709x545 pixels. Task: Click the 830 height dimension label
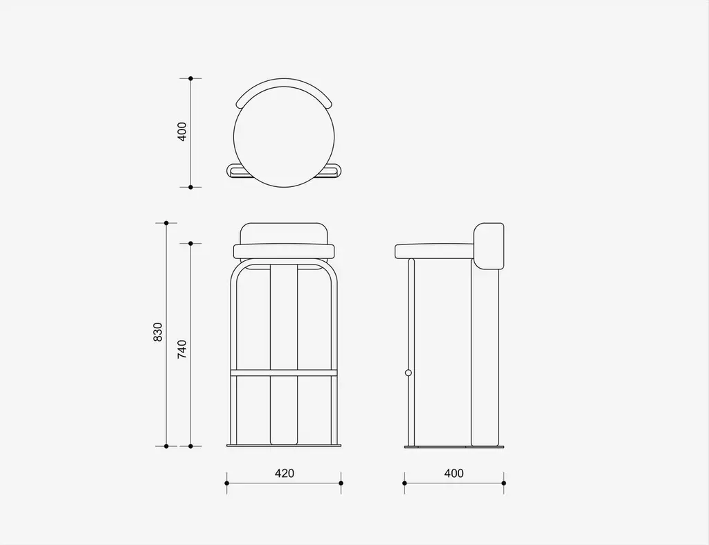(157, 332)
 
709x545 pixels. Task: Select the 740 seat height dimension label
(182, 349)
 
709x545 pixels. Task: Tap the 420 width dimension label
(285, 473)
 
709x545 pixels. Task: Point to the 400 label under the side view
(454, 473)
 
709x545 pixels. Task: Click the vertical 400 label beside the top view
(182, 132)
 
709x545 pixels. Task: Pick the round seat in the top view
(284, 137)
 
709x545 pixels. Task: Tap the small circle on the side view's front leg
(409, 373)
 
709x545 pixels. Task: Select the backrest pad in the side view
(488, 246)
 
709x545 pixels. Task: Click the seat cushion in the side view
(434, 251)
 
